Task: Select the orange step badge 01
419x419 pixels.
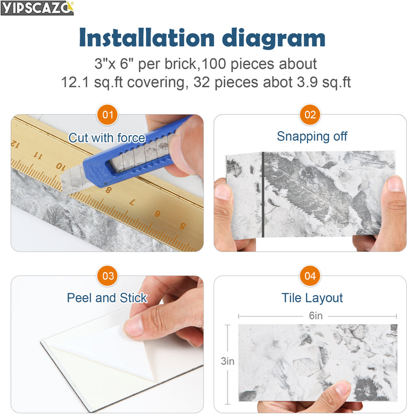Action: pyautogui.click(x=108, y=115)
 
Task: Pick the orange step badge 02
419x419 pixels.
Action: pyautogui.click(x=310, y=115)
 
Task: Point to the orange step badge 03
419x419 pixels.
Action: pyautogui.click(x=108, y=276)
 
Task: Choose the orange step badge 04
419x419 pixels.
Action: pyautogui.click(x=310, y=276)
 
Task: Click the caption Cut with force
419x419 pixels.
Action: pyautogui.click(x=106, y=138)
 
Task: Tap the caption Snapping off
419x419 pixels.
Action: pyautogui.click(x=312, y=136)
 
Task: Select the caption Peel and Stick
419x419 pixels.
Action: pyautogui.click(x=107, y=298)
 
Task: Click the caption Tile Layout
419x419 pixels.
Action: pyautogui.click(x=312, y=298)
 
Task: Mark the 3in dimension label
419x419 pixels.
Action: pyautogui.click(x=228, y=361)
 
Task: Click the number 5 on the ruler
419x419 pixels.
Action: pyautogui.click(x=182, y=226)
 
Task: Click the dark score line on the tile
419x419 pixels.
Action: pyautogui.click(x=263, y=195)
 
